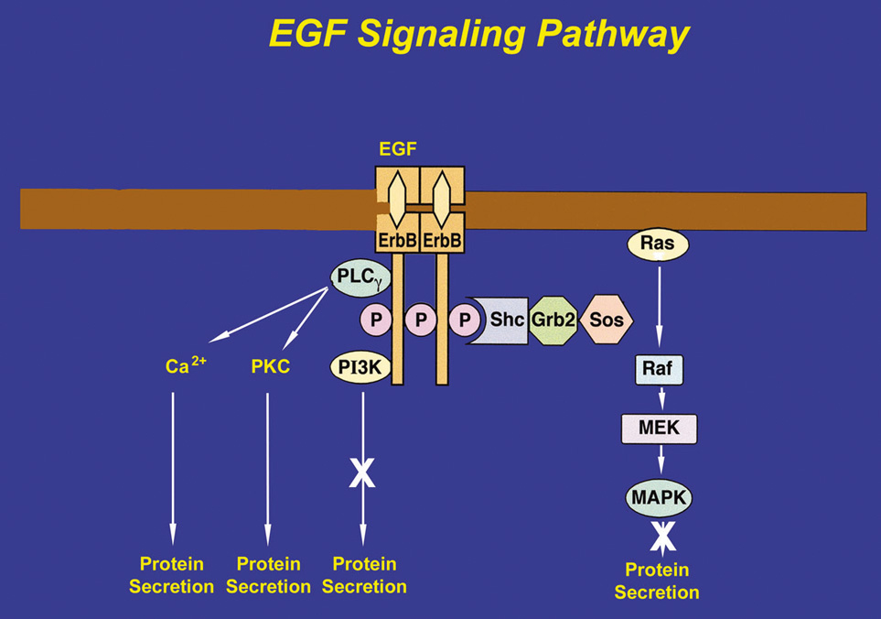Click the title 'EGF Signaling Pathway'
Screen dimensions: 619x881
click(478, 34)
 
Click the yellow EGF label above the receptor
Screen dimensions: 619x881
click(396, 148)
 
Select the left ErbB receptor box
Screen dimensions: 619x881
click(396, 240)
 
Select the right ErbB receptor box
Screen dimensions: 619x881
click(441, 240)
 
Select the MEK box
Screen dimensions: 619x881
click(659, 428)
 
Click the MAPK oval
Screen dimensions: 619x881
click(659, 498)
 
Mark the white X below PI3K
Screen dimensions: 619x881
click(363, 472)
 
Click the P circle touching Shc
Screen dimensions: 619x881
click(467, 320)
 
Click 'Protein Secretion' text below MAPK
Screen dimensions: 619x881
click(657, 582)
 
